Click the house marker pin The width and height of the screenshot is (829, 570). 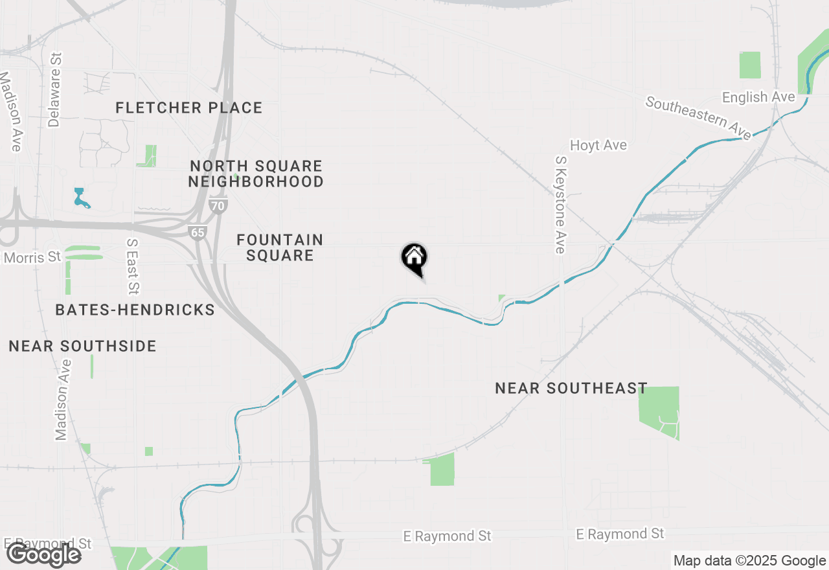pos(414,258)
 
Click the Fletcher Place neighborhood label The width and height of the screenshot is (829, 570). pos(189,108)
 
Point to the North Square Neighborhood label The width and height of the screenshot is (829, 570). pos(256,174)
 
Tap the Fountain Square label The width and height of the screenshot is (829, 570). pos(280,247)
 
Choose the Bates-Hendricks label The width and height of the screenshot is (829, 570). pos(135,310)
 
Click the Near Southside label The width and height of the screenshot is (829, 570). pos(82,346)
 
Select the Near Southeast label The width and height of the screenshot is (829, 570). pos(571,388)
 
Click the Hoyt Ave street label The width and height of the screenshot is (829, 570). pos(598,145)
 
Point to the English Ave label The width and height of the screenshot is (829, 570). pos(758,97)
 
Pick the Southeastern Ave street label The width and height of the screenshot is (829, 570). pos(698,118)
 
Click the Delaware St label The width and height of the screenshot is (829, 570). pos(54,90)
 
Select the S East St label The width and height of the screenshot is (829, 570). pos(133,266)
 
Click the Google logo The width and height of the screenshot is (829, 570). pos(43,554)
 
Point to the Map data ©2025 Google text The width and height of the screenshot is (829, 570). pos(749,561)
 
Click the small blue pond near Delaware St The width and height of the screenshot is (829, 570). pos(80,198)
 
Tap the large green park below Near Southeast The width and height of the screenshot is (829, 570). pos(660,412)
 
